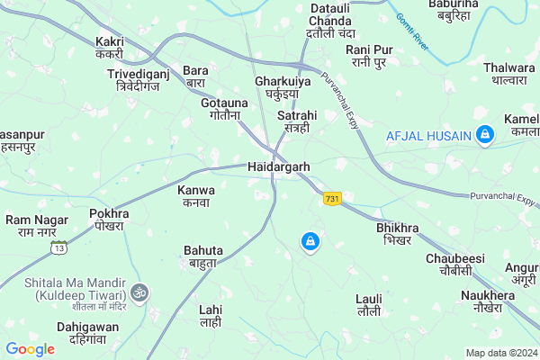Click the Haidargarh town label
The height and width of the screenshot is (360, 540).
click(x=278, y=167)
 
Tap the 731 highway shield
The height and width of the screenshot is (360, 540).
click(x=333, y=198)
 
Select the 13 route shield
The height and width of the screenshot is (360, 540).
click(x=59, y=247)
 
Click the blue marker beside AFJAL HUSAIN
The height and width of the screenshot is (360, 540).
click(x=485, y=136)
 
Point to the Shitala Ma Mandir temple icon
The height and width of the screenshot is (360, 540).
click(x=138, y=292)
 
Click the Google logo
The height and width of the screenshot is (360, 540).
click(x=31, y=349)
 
